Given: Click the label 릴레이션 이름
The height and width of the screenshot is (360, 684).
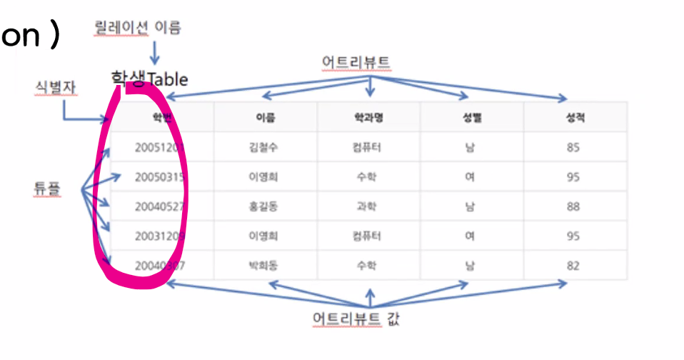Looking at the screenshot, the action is pos(138,28).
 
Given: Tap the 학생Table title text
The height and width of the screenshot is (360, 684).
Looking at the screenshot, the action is pos(149,79).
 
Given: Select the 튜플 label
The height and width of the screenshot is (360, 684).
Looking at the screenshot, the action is pos(47,189).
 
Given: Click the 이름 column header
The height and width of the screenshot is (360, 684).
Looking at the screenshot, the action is pos(265,119).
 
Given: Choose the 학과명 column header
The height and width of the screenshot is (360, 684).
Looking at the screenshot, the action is pos(368,119).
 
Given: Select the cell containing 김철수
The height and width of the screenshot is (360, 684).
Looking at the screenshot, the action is pos(265,148).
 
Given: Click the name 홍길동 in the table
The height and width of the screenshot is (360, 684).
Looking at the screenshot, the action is pos(265,206).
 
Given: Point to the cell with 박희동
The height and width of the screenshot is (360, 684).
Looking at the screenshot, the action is pos(265,266).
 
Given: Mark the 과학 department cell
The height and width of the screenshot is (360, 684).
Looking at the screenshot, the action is pos(368,206).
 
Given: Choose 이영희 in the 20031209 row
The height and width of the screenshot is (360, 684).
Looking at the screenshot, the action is pos(265,236).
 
